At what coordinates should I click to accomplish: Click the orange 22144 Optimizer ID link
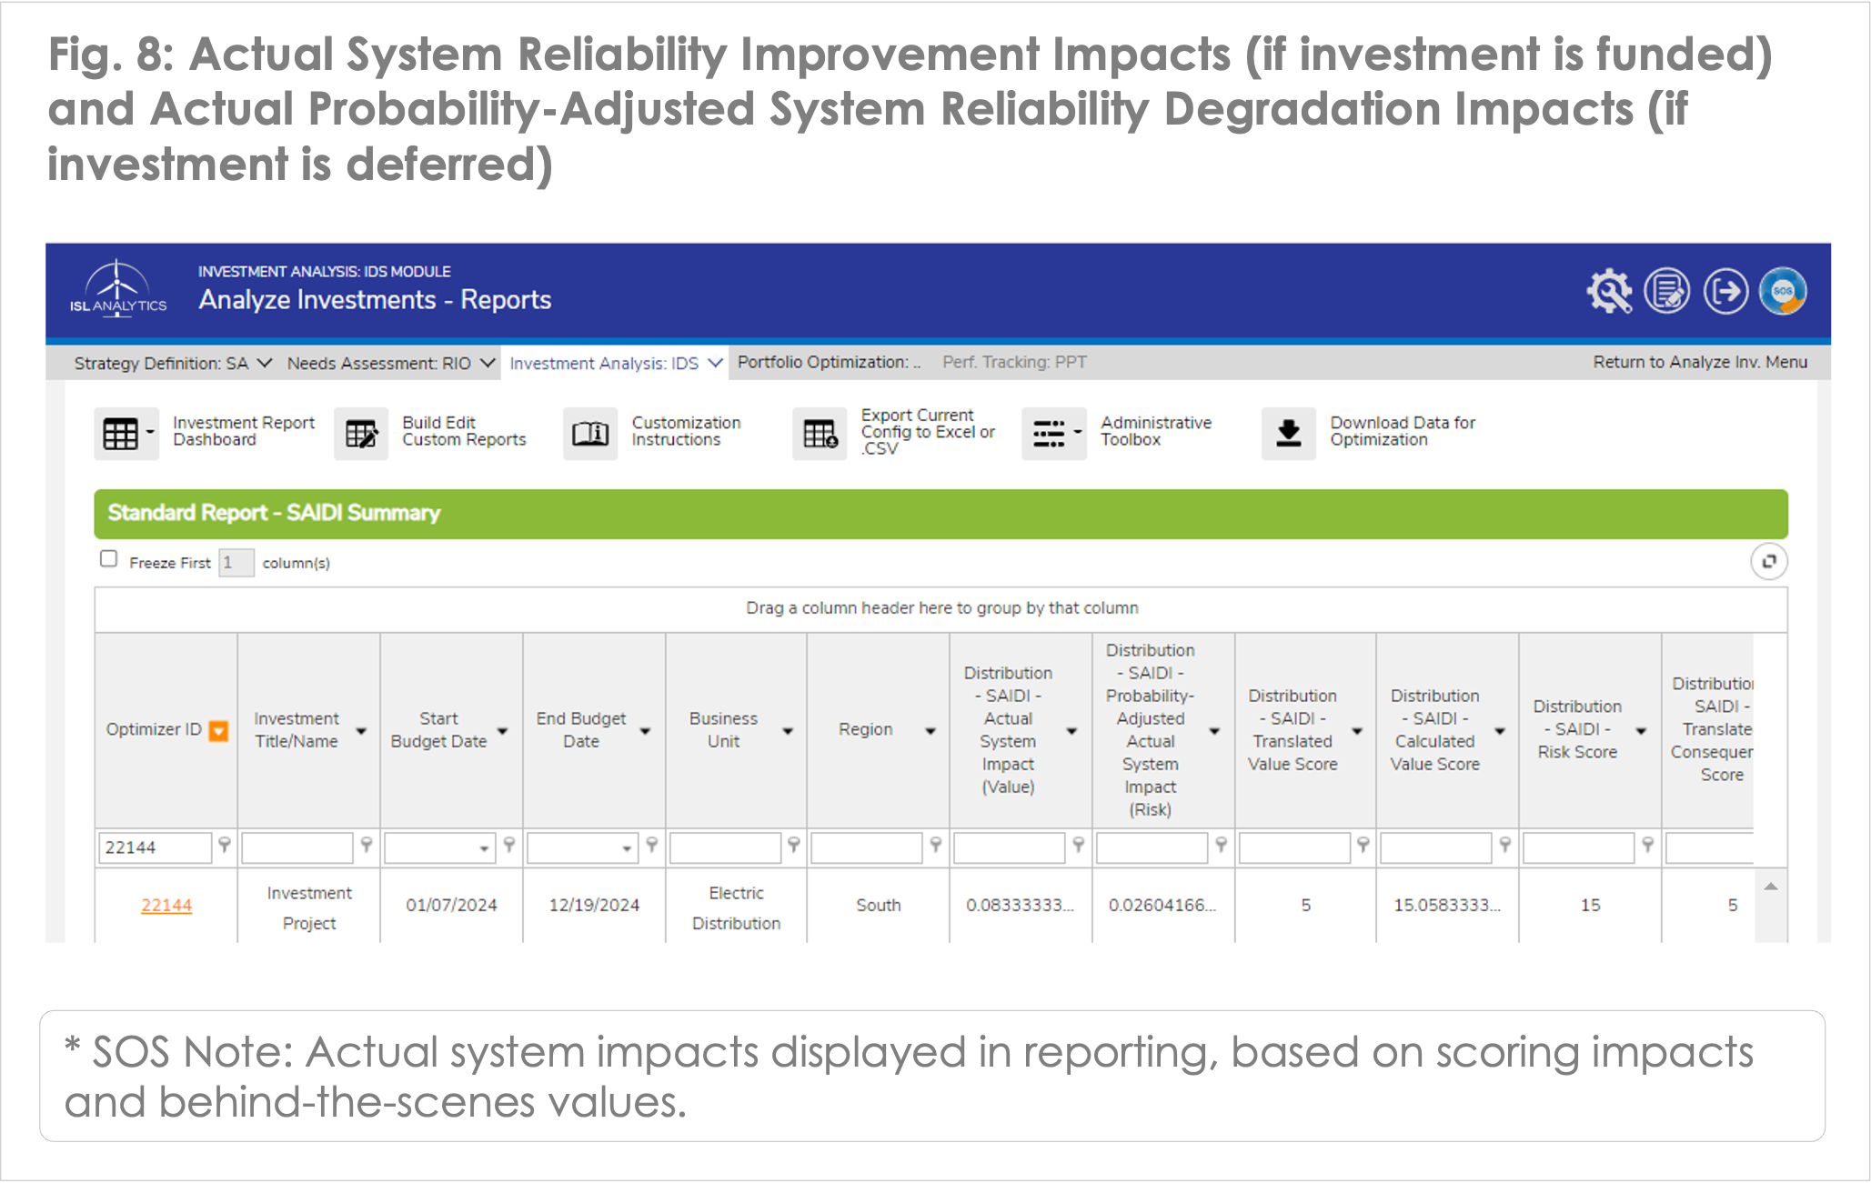point(166,905)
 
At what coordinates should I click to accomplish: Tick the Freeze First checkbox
point(109,559)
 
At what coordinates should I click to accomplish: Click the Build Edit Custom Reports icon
point(361,434)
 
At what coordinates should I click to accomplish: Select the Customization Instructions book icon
point(590,434)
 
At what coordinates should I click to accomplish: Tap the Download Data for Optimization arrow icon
point(1289,434)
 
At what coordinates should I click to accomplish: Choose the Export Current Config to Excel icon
point(820,434)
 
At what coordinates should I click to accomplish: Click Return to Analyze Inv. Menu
point(1700,362)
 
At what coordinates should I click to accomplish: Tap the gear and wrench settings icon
point(1609,292)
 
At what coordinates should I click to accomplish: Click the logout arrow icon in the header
point(1725,292)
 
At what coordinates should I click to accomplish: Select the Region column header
point(866,729)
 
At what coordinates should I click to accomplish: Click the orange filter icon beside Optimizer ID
point(218,731)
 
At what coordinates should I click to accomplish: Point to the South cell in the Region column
point(879,905)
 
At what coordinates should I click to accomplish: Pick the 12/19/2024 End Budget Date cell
point(594,905)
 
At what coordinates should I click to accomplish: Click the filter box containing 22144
point(155,847)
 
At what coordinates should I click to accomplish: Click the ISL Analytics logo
point(118,288)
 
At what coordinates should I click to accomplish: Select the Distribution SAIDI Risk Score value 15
point(1591,905)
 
